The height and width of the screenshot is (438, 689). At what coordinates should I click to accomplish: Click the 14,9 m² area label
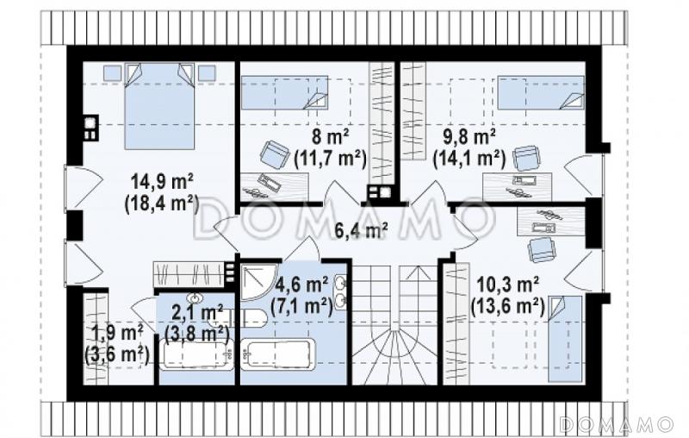[163, 181]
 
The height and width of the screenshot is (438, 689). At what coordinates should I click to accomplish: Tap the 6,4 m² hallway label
[361, 231]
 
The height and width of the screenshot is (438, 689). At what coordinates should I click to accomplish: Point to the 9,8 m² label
[469, 138]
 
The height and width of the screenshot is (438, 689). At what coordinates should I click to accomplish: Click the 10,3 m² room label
[508, 286]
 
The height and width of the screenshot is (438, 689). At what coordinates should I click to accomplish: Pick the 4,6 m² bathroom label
[301, 285]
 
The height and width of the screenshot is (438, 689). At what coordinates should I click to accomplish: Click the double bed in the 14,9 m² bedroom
[159, 106]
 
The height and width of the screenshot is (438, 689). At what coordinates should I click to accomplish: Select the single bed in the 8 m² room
[285, 92]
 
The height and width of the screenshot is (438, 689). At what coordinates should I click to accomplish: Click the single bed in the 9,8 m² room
[541, 92]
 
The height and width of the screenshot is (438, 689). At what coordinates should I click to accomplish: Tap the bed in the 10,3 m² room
[565, 339]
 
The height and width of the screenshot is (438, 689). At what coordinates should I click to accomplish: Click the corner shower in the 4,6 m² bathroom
[259, 282]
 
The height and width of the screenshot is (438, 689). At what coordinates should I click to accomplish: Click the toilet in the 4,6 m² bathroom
[249, 317]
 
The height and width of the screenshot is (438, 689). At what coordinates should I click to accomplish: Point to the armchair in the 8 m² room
[275, 153]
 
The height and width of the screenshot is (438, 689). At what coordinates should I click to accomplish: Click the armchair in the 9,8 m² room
[526, 158]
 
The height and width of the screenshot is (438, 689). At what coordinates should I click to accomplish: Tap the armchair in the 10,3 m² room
[542, 250]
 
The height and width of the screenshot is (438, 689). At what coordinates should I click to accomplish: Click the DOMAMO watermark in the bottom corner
[617, 423]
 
